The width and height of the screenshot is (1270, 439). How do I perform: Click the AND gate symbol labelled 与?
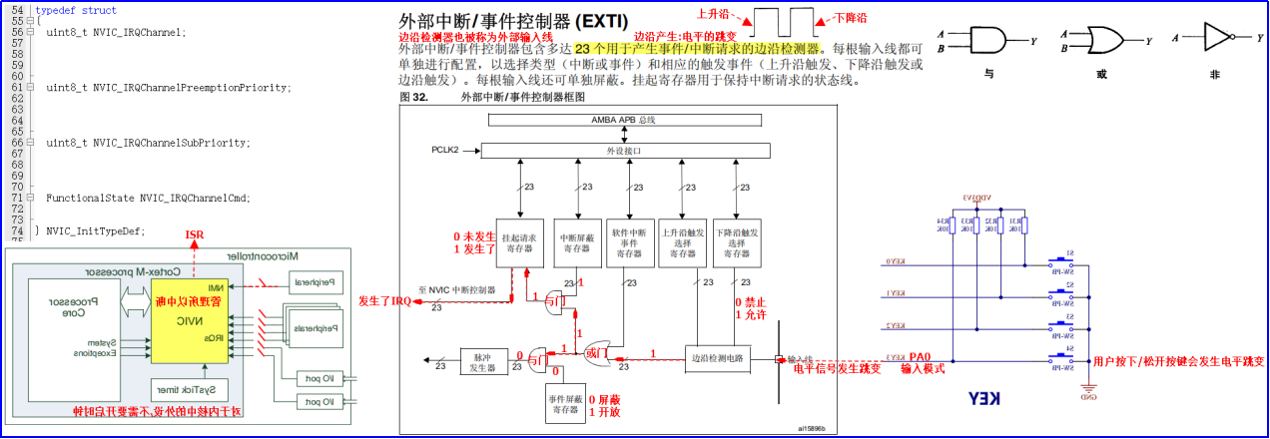[x=987, y=40]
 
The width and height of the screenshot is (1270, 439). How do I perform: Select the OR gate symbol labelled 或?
[x=1103, y=40]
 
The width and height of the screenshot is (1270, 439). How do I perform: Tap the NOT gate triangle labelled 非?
[x=1217, y=38]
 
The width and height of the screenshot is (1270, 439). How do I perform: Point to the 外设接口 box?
[x=625, y=151]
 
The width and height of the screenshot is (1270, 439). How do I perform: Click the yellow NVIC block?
[x=189, y=320]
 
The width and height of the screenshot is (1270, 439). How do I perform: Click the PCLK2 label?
[x=445, y=151]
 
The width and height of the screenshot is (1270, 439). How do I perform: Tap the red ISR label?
[x=196, y=234]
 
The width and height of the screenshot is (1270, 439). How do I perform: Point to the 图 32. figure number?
[x=413, y=97]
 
